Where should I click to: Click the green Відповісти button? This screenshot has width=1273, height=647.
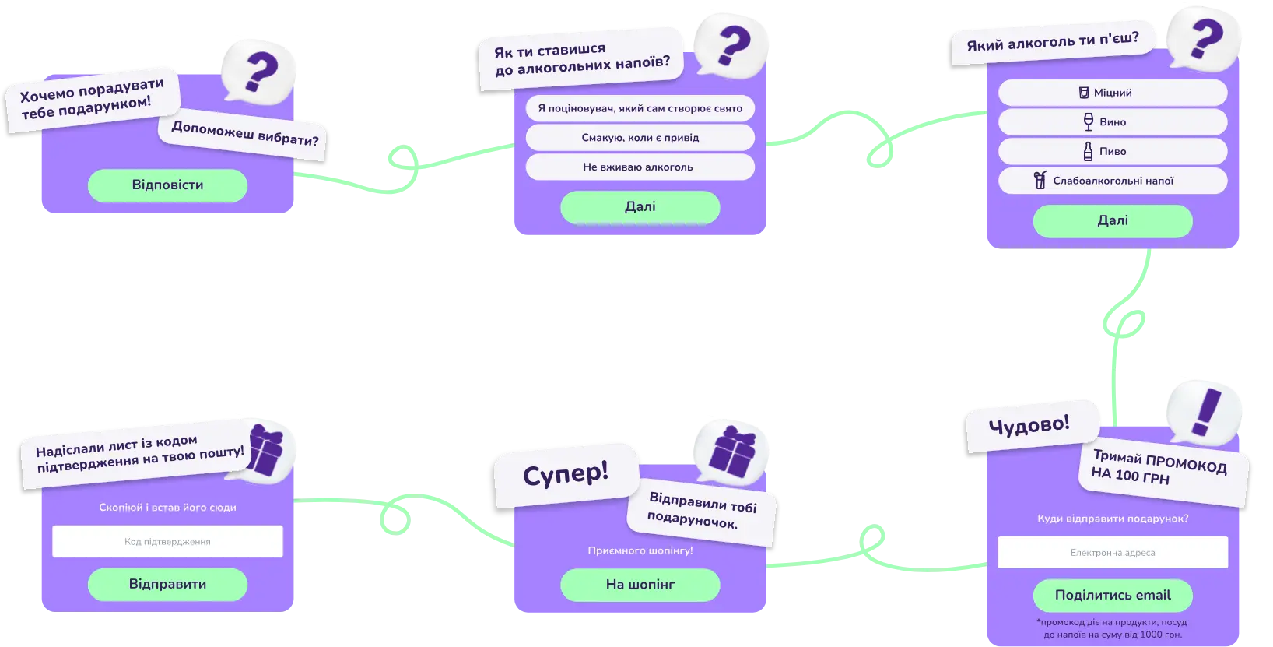167,185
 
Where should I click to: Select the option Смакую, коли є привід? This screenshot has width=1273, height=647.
640,138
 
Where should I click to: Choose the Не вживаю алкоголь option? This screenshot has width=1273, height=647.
640,167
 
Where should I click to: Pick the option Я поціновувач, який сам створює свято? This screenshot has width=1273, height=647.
640,108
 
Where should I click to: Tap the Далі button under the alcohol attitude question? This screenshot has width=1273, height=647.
640,207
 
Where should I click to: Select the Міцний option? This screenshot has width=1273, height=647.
1112,93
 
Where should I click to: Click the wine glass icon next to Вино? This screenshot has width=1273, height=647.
1089,121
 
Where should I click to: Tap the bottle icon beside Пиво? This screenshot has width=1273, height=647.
1088,151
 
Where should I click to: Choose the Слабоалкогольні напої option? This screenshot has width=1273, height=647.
1112,181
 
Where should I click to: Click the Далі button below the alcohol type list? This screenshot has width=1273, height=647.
1112,220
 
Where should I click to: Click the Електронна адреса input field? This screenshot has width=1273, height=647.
1113,552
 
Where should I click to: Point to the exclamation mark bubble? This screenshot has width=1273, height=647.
1204,413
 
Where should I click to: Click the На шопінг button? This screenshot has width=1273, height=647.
640,585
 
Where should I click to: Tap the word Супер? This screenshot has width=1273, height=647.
566,473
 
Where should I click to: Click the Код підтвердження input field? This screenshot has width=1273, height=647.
167,541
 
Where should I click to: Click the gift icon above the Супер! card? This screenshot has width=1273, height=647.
732,452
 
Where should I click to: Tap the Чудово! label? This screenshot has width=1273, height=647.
1029,424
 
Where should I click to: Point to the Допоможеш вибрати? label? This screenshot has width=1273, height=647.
245,134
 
